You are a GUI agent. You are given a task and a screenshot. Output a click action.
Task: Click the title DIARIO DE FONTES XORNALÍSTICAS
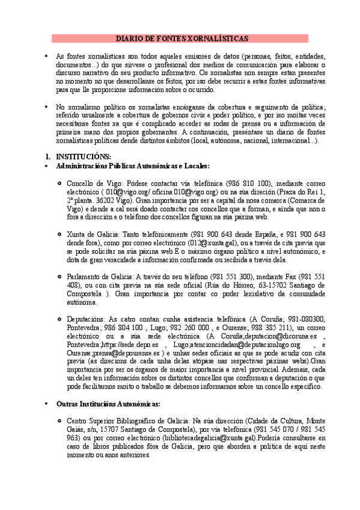point(180,38)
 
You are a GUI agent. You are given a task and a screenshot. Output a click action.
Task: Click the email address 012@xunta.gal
point(221,241)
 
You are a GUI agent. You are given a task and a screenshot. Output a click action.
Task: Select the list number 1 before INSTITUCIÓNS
point(48,156)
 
